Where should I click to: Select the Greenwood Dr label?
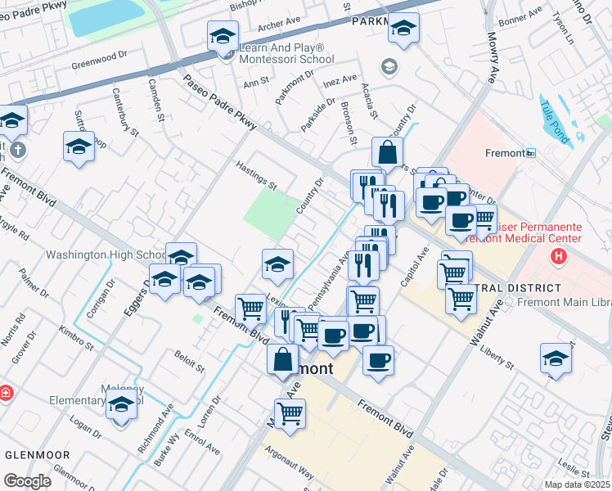pos(101,61)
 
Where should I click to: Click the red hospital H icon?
pos(559,257)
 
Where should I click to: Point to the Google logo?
pos(27,480)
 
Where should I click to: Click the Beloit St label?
pos(189,361)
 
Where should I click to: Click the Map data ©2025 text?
pos(578,484)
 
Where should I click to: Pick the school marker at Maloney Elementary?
pos(122,405)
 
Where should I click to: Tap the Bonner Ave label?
pos(520,16)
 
